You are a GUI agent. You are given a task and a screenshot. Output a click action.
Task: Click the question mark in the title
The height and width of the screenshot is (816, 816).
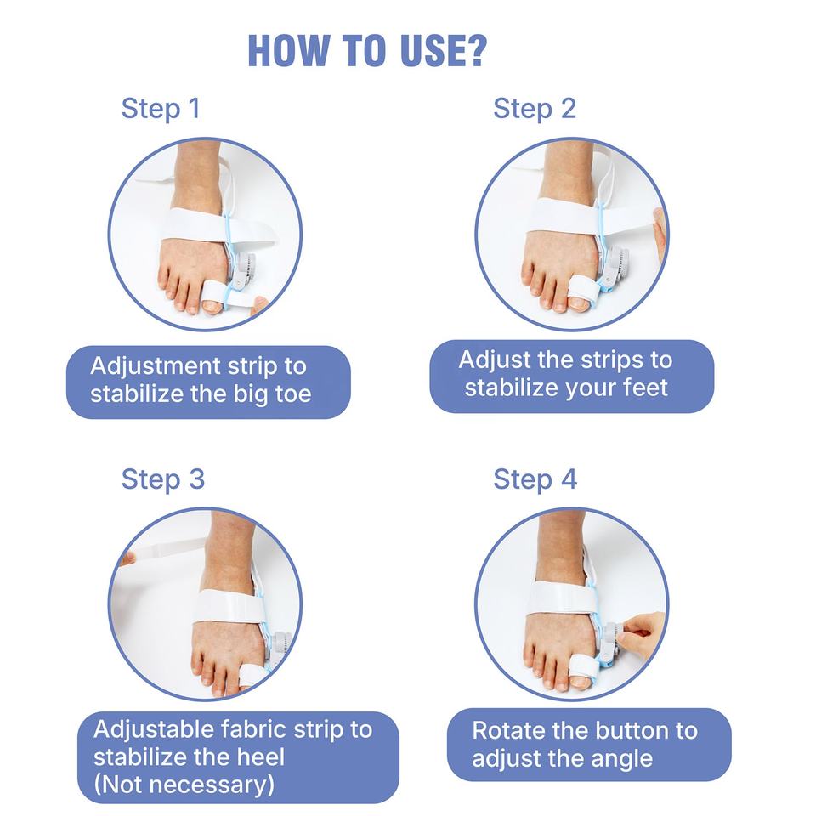476,50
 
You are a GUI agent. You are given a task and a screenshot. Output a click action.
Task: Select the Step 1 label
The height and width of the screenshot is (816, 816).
161,109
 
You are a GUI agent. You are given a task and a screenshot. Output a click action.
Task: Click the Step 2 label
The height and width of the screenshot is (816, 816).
535,109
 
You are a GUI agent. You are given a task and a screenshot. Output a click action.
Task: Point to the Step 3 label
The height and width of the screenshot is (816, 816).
163,479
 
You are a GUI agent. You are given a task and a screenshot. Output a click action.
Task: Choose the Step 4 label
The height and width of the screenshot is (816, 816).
535,479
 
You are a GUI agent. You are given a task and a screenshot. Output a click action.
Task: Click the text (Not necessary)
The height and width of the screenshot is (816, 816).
184,785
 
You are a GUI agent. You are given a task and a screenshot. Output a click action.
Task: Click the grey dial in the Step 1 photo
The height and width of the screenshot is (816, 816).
243,268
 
